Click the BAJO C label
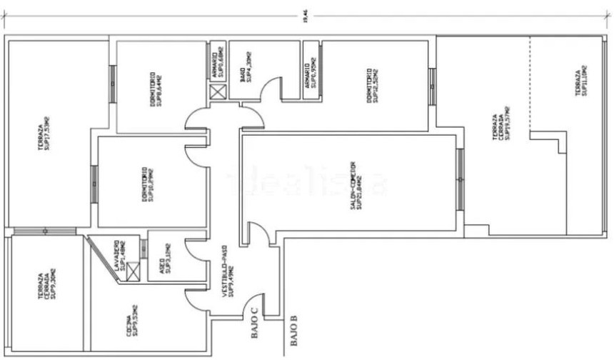coord(253,326)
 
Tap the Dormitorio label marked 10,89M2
coord(147,184)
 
